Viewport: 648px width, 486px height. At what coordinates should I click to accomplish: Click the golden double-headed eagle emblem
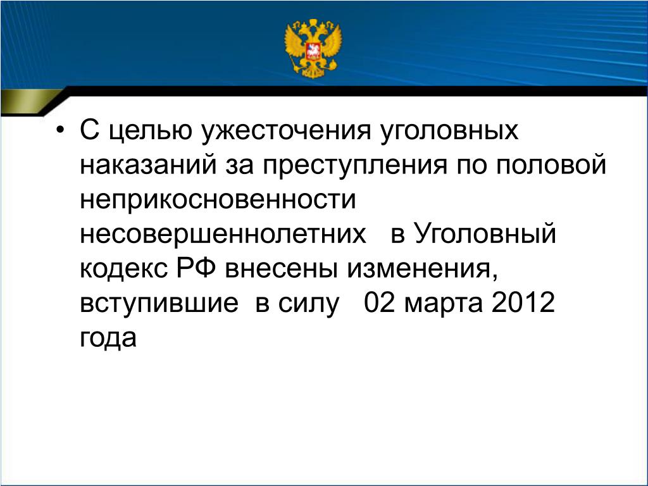coord(313,48)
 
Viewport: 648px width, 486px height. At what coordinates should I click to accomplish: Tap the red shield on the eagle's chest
coord(313,51)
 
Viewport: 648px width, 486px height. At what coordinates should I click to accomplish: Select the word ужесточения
coord(286,130)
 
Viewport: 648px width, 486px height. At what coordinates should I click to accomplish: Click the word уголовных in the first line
coord(449,130)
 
